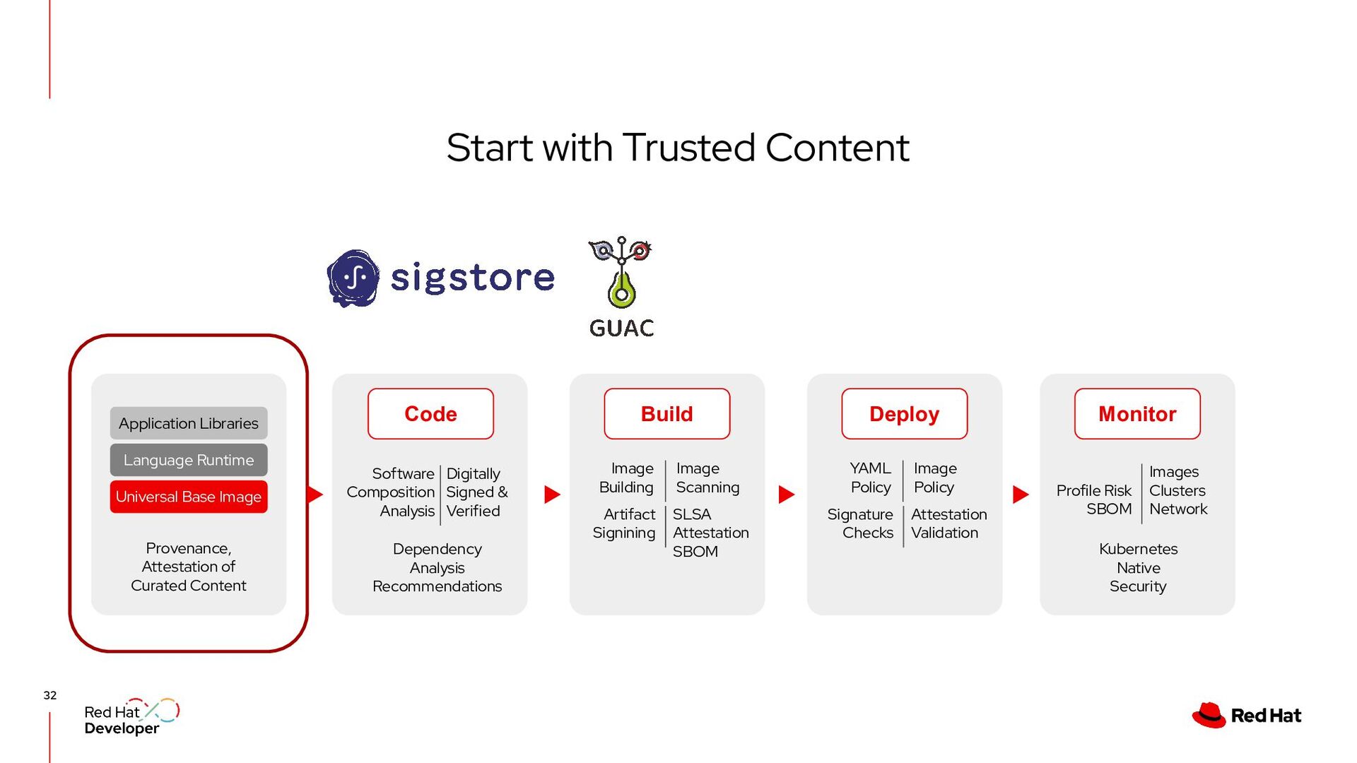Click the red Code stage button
[x=430, y=414]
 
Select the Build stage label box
[x=666, y=414]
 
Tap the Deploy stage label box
[x=904, y=414]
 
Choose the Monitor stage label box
[x=1137, y=414]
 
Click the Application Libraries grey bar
[x=189, y=423]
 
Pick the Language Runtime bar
[x=189, y=460]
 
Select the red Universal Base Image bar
[x=189, y=497]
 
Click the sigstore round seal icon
[x=353, y=278]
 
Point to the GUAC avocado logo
[x=621, y=276]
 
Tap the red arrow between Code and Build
[x=552, y=495]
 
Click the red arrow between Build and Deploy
[x=786, y=495]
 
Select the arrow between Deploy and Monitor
[x=1020, y=495]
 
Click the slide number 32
[x=50, y=695]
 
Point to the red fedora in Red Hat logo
[x=1209, y=715]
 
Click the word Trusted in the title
[x=689, y=148]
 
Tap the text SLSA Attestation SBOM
[x=710, y=533]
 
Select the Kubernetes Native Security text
[x=1138, y=567]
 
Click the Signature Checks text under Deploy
[x=860, y=524]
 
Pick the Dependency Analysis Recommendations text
[x=437, y=567]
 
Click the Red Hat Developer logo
[x=131, y=718]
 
